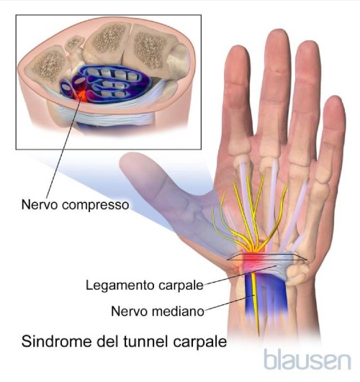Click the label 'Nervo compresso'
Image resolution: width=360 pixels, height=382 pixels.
(75, 205)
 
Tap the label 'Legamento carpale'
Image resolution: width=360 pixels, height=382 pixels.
(145, 285)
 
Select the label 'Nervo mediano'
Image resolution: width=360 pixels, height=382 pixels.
(158, 311)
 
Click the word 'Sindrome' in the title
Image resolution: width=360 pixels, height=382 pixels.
(57, 341)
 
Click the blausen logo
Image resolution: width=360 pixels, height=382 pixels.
(308, 360)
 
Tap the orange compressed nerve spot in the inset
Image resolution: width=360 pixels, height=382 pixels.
(84, 96)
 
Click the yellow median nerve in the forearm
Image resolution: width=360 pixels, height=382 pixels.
(255, 304)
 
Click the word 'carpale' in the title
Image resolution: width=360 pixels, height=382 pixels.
(200, 342)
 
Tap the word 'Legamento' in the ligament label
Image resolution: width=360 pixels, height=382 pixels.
(120, 286)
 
